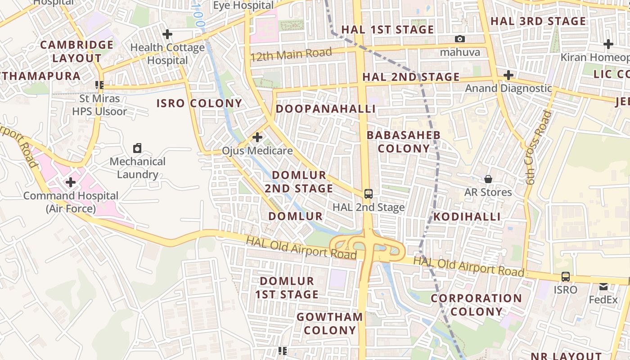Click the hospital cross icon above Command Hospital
click(x=71, y=182)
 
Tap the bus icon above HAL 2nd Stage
click(x=369, y=194)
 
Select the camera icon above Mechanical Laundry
click(x=137, y=148)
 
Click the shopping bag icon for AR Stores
click(x=488, y=179)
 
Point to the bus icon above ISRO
click(x=566, y=277)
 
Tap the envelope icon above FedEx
click(x=603, y=286)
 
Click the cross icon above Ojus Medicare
click(x=257, y=137)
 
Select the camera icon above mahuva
click(x=460, y=39)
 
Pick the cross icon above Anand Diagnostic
click(x=508, y=75)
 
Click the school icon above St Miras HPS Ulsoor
click(x=99, y=85)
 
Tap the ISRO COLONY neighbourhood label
click(x=199, y=103)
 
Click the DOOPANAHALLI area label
click(x=325, y=109)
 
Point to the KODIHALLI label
click(x=467, y=217)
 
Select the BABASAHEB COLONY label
click(x=404, y=142)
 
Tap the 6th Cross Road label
click(x=538, y=148)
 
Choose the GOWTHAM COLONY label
click(x=329, y=324)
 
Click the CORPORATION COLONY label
click(x=476, y=305)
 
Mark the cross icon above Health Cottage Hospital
click(x=167, y=34)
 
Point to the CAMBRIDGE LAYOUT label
click(x=77, y=51)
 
